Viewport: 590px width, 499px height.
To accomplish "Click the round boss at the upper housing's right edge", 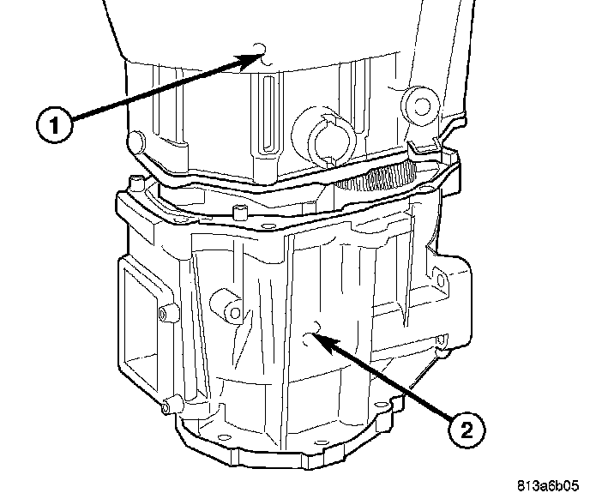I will tap(419, 102).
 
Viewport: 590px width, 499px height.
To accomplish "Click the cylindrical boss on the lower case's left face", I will tap(226, 304).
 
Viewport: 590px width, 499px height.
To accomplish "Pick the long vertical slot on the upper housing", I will tap(268, 112).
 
